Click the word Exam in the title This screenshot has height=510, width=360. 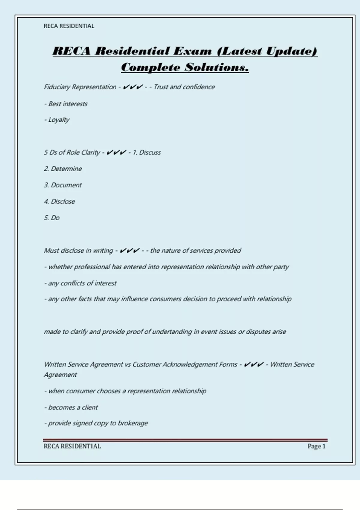click(x=192, y=51)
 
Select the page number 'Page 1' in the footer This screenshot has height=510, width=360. click(x=316, y=446)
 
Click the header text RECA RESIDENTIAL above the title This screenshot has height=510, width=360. click(x=69, y=26)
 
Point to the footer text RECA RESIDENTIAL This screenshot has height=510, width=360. click(x=72, y=446)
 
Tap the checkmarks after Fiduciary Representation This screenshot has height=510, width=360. click(x=133, y=87)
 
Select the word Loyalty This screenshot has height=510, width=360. click(x=59, y=120)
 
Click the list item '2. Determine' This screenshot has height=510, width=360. click(x=63, y=169)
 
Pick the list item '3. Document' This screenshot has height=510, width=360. click(x=63, y=185)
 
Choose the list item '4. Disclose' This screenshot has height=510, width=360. click(x=59, y=201)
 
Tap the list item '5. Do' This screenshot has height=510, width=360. click(x=52, y=218)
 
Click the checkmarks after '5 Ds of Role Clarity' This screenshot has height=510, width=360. click(x=116, y=152)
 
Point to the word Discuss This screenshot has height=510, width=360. click(x=150, y=152)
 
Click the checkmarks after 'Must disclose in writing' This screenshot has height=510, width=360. click(x=129, y=250)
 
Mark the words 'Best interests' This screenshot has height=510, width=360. click(x=68, y=104)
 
